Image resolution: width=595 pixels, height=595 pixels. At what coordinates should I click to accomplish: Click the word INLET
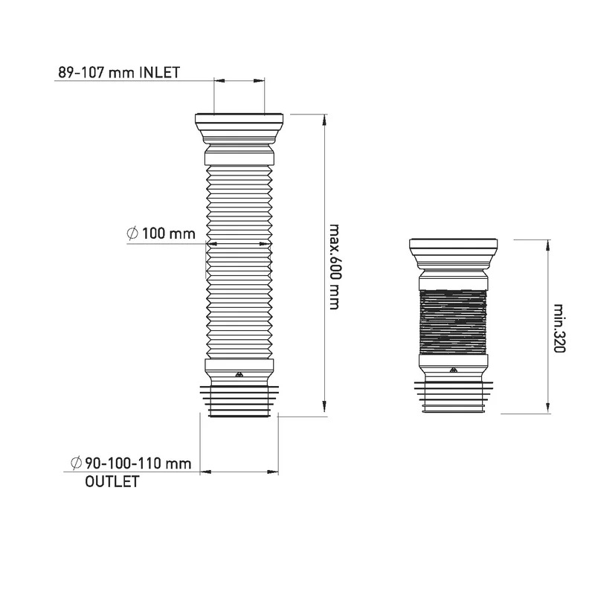(x=159, y=72)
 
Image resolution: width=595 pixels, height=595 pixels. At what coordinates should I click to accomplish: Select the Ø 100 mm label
(x=161, y=234)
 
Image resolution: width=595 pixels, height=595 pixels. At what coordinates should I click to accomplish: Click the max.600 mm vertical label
(x=333, y=267)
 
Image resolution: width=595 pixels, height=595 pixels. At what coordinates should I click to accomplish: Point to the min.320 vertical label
(x=559, y=328)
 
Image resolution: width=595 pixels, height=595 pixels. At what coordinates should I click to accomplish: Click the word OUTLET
(x=112, y=481)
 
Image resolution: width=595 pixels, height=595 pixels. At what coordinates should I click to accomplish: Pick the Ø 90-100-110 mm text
(x=131, y=463)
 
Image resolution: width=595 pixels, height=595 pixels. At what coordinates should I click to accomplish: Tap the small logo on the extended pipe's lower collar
(x=239, y=375)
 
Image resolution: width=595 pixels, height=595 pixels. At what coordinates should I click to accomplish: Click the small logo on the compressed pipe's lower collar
(x=453, y=370)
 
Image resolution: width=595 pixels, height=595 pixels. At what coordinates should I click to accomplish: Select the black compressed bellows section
(x=453, y=322)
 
